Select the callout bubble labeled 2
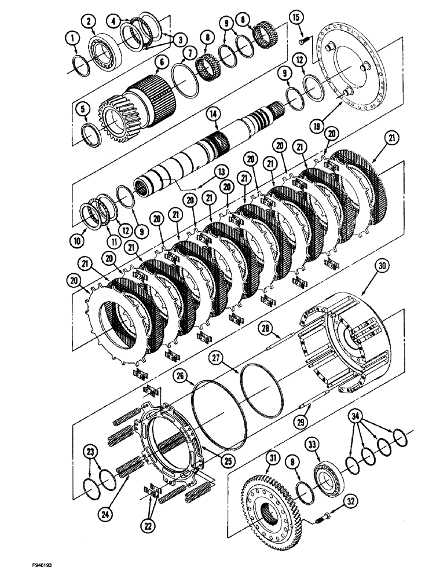point(89,21)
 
